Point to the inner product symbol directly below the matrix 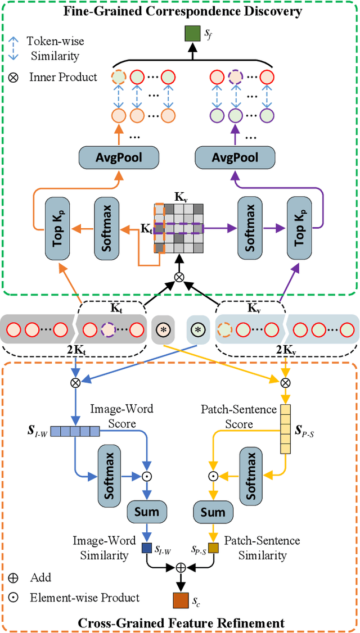pos(179,277)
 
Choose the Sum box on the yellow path pos(213,512)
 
